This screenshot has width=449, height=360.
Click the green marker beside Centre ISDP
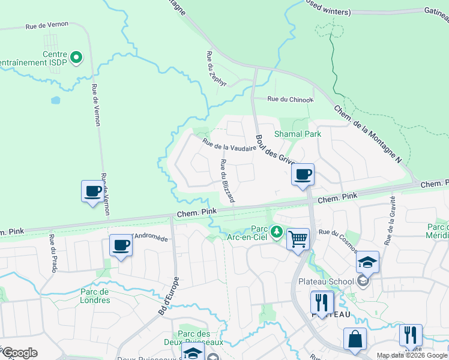tap(76, 58)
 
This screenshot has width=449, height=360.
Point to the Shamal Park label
tap(298, 134)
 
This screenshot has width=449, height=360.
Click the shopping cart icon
tap(298, 238)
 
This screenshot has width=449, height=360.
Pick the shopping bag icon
tap(355, 338)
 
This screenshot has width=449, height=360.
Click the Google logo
tap(20, 353)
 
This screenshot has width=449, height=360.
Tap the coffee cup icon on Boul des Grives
tap(303, 174)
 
